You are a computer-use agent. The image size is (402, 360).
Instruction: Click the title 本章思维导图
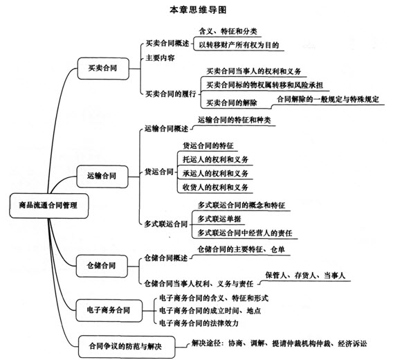click(x=198, y=10)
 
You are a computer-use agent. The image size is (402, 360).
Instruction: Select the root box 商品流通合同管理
click(x=48, y=206)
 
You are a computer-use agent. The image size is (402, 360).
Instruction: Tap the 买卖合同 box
click(x=103, y=69)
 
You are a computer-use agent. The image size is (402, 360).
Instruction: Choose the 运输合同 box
click(x=102, y=177)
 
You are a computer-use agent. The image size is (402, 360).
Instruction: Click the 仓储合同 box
click(x=102, y=266)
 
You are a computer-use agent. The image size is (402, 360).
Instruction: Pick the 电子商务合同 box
click(x=109, y=310)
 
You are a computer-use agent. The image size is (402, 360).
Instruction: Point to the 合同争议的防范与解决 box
click(x=127, y=347)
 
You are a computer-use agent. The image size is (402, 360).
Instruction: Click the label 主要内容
click(x=161, y=58)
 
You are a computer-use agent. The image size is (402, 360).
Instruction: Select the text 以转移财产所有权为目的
click(x=239, y=45)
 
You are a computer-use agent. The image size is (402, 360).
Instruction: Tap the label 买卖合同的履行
click(x=171, y=94)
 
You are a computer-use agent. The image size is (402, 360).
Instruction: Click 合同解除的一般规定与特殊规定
click(x=328, y=99)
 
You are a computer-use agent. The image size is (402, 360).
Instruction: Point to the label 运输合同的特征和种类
click(x=235, y=120)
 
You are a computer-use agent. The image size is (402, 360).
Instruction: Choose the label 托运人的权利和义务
click(x=215, y=159)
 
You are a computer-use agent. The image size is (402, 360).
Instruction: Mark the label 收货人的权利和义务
click(x=215, y=188)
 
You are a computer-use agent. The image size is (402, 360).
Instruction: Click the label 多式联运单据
click(x=219, y=219)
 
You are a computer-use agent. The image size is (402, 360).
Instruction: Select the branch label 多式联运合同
click(x=166, y=224)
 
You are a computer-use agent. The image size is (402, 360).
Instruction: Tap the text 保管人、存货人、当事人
click(x=305, y=276)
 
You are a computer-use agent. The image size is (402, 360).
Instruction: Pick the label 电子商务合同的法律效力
click(x=199, y=323)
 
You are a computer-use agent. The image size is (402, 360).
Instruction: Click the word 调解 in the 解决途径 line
click(x=257, y=343)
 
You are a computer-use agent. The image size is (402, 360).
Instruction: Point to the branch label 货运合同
click(x=159, y=172)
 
